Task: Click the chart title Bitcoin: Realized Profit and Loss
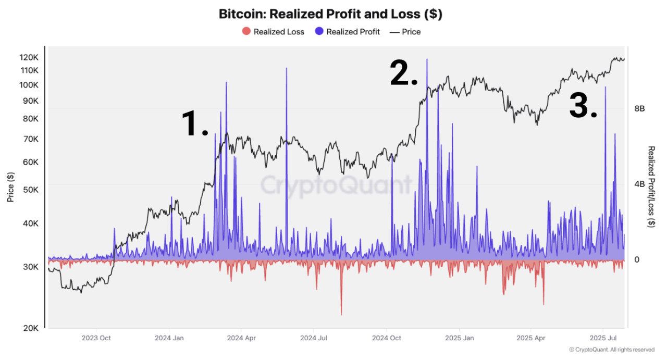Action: (330, 14)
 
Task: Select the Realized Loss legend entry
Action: (274, 32)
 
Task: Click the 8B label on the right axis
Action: (639, 108)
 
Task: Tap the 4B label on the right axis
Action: (639, 184)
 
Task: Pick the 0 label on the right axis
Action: (636, 259)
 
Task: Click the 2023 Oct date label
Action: (96, 338)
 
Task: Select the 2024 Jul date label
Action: (314, 338)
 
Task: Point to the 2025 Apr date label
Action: (531, 338)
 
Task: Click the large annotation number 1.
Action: (195, 124)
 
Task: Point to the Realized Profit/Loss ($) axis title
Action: (651, 187)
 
